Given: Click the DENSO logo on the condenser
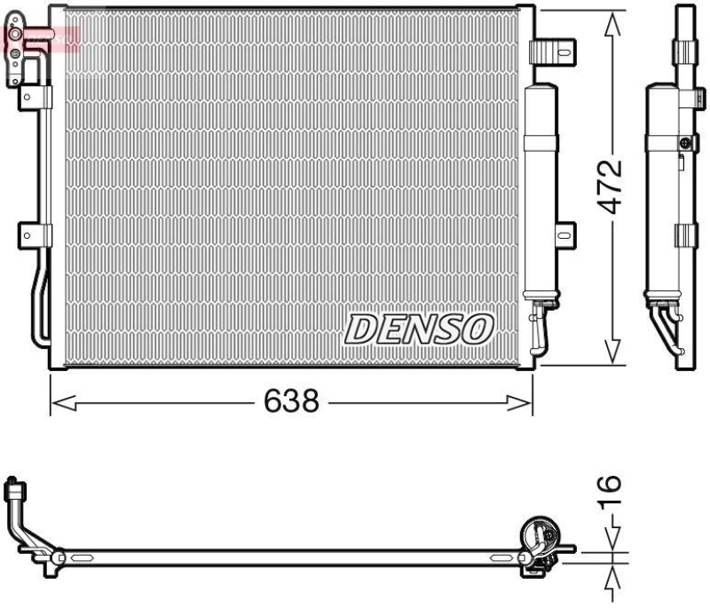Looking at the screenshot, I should pos(418,328).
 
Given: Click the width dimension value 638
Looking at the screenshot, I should pos(291,402).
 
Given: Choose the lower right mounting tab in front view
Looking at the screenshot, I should pos(562,234).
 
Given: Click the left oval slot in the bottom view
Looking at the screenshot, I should pos(82,558).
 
